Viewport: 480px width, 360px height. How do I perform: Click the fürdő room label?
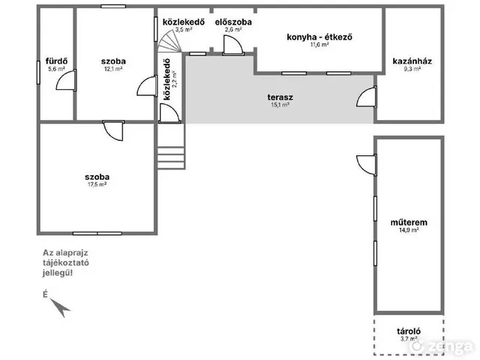[57, 61]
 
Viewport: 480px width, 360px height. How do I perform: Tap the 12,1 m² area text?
[113, 69]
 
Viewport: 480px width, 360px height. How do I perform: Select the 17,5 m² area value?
[97, 184]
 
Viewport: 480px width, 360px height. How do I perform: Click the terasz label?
[280, 97]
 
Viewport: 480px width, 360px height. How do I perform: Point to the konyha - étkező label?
[319, 37]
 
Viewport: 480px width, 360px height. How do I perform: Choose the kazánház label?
[412, 61]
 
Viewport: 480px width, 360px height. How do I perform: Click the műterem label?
[409, 222]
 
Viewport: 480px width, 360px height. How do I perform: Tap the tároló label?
[409, 331]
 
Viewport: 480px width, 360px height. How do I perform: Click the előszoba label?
[233, 22]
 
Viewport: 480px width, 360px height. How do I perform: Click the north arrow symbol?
[60, 307]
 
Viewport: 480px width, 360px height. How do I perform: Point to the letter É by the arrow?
[45, 295]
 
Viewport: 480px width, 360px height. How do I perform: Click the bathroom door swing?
[66, 80]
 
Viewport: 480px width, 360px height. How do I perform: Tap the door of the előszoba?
[233, 45]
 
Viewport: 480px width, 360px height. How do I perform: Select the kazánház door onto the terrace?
[367, 97]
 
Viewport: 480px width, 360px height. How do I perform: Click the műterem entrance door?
[367, 165]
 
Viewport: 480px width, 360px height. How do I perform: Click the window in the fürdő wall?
[38, 73]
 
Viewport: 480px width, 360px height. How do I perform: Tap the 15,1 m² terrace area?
[280, 105]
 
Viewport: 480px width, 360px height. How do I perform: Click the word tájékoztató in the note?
[66, 263]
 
